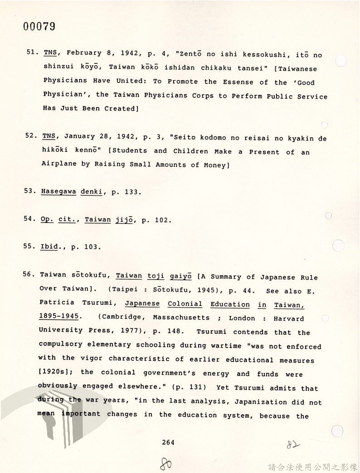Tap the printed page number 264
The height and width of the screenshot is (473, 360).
tap(168, 443)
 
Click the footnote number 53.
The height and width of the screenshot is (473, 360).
tap(30, 192)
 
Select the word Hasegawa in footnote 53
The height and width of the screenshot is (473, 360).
tap(58, 192)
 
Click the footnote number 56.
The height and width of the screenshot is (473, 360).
tap(30, 275)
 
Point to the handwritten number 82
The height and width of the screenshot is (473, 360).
tap(293, 444)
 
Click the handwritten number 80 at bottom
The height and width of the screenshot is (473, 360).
tap(166, 463)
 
